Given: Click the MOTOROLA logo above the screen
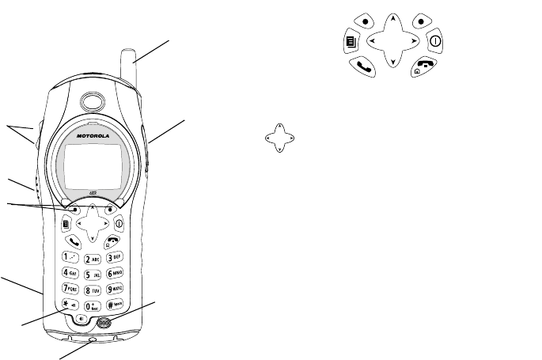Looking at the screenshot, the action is click(x=91, y=135).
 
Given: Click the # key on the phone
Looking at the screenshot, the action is click(x=116, y=305).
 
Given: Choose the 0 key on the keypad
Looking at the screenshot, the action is click(x=93, y=305).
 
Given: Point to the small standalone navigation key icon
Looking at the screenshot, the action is click(x=279, y=137).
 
